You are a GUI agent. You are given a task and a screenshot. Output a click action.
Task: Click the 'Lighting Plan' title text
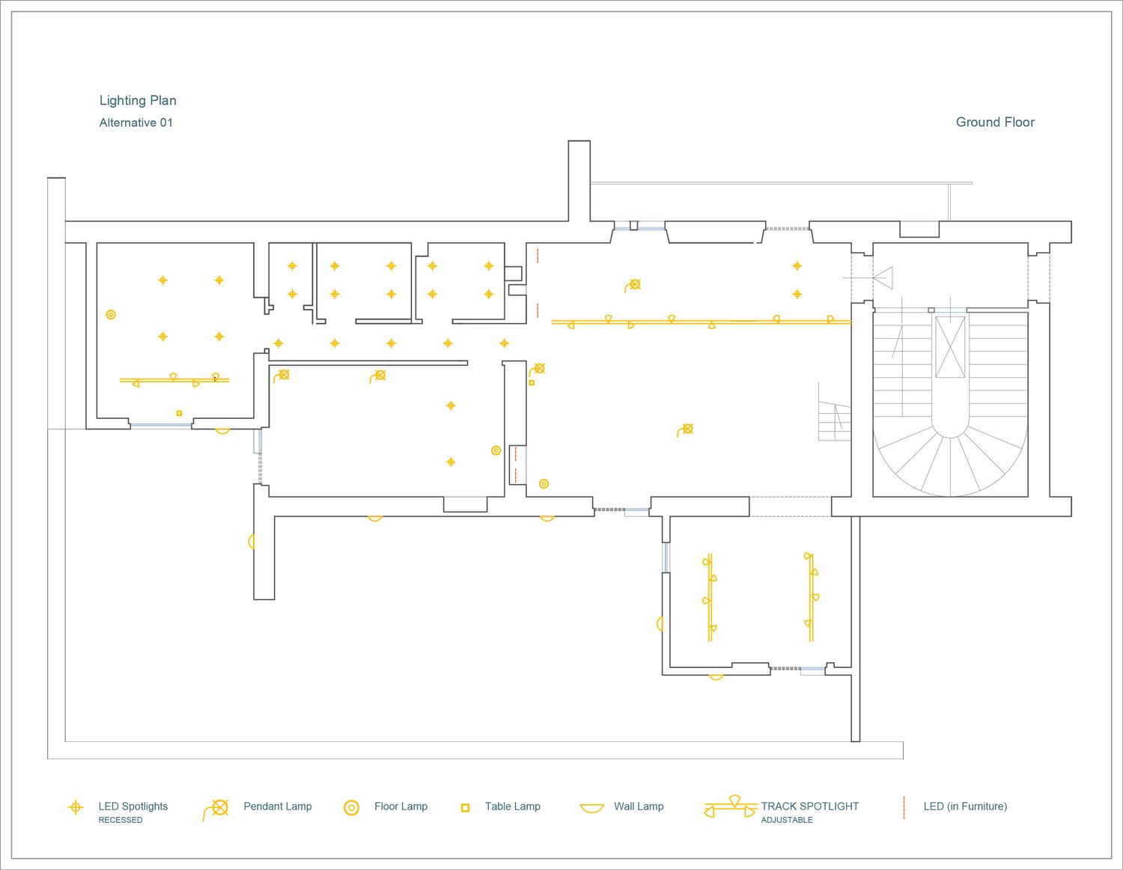pyautogui.click(x=138, y=101)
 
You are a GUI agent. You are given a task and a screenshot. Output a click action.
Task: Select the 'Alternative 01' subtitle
pyautogui.click(x=136, y=123)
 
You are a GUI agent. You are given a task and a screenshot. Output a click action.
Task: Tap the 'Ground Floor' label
pyautogui.click(x=995, y=123)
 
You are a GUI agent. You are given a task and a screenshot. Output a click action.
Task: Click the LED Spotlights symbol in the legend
pyautogui.click(x=76, y=807)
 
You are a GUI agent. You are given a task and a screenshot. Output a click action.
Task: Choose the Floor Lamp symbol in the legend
pyautogui.click(x=351, y=807)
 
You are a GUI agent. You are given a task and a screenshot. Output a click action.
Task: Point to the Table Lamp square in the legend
pyautogui.click(x=465, y=807)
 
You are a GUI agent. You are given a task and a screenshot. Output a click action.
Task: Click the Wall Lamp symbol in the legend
pyautogui.click(x=591, y=809)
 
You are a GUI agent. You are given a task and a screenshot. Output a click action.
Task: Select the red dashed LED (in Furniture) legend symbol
pyautogui.click(x=904, y=807)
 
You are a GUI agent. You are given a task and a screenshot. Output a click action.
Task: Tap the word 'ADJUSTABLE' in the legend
pyautogui.click(x=787, y=820)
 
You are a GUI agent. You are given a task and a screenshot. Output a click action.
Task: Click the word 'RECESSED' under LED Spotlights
pyautogui.click(x=121, y=820)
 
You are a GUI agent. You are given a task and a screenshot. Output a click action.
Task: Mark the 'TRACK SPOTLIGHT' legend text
pyautogui.click(x=810, y=806)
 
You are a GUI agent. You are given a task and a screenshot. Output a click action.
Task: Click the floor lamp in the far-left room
pyautogui.click(x=111, y=314)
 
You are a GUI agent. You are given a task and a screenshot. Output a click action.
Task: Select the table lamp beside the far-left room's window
pyautogui.click(x=180, y=413)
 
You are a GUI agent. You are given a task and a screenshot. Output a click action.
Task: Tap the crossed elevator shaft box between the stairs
pyautogui.click(x=950, y=347)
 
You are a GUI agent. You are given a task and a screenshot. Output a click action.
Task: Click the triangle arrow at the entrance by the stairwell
pyautogui.click(x=883, y=278)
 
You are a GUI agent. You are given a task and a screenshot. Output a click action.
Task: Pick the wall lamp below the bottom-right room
pyautogui.click(x=716, y=677)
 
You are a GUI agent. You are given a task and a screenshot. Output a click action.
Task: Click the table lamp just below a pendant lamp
pyautogui.click(x=532, y=382)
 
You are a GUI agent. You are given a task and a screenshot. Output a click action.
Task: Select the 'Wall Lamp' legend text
pyautogui.click(x=639, y=806)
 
